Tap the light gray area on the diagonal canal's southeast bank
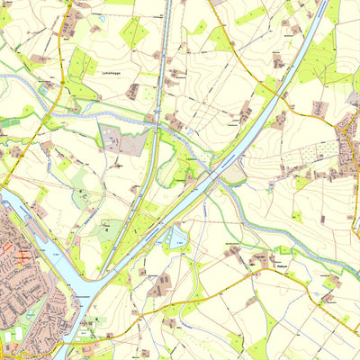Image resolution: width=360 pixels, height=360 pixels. [x=235, y=171]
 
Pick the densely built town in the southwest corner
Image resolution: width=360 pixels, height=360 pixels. [x=27, y=288]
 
